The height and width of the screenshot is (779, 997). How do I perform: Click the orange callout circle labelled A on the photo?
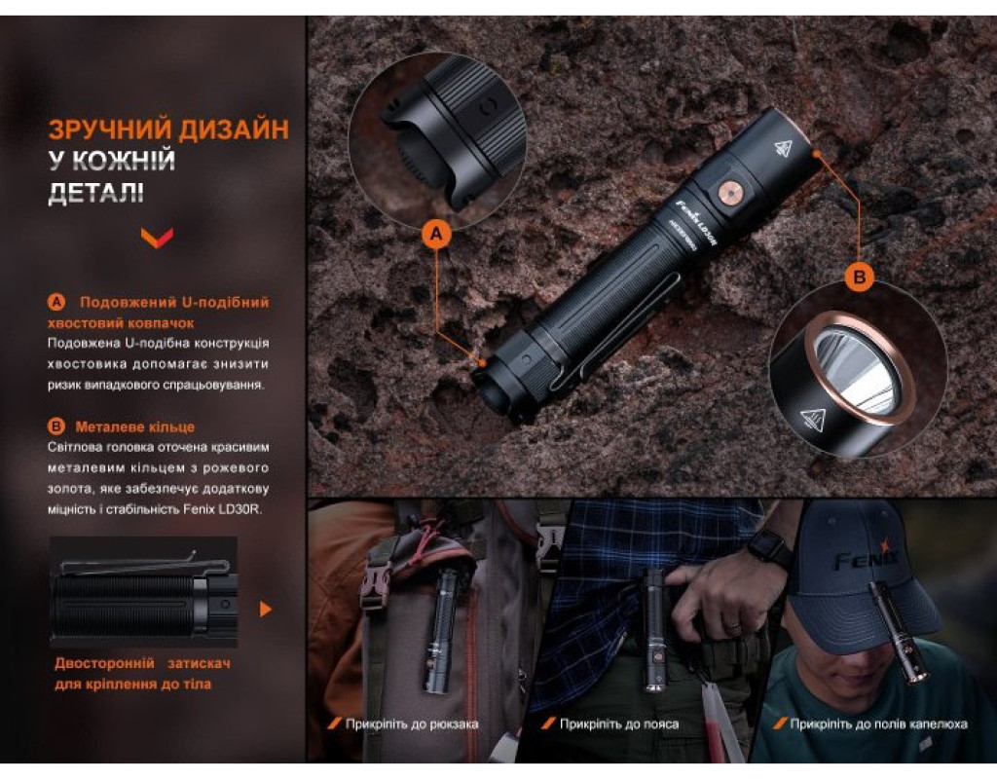pyautogui.click(x=436, y=234)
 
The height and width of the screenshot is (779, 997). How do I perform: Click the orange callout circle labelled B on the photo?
pyautogui.click(x=860, y=277)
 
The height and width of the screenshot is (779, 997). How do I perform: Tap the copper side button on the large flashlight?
pyautogui.click(x=729, y=191)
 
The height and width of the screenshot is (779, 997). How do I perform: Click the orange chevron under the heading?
pyautogui.click(x=157, y=238)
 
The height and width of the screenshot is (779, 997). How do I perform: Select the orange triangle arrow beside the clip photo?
pyautogui.click(x=266, y=610)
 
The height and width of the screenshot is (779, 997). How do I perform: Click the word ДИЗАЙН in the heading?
pyautogui.click(x=234, y=130)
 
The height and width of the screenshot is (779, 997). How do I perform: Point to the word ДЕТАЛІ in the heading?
pyautogui.click(x=96, y=193)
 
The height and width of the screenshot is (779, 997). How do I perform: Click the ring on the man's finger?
pyautogui.click(x=732, y=628)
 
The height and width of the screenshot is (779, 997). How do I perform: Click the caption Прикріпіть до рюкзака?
pyautogui.click(x=412, y=723)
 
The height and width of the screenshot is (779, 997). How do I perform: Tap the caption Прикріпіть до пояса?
pyautogui.click(x=618, y=723)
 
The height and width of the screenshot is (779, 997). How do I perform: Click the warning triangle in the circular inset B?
pyautogui.click(x=813, y=420)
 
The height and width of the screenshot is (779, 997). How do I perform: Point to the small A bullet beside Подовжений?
pyautogui.click(x=56, y=302)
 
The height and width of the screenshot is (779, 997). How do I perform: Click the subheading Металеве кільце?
pyautogui.click(x=134, y=427)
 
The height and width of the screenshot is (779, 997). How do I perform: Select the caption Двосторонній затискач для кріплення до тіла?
pyautogui.click(x=142, y=674)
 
